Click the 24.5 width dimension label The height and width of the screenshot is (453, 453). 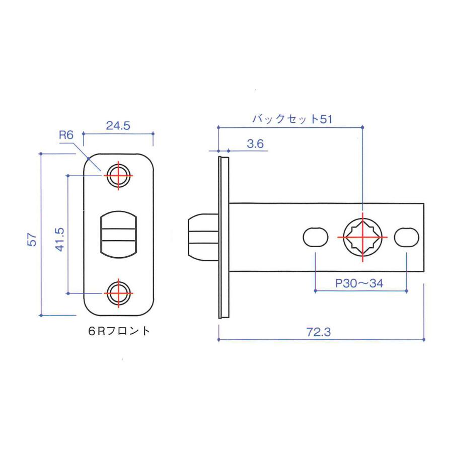[118, 126]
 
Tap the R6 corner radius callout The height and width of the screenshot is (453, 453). [66, 135]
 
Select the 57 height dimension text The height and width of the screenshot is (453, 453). [32, 240]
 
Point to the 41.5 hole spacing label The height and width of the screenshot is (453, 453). [60, 240]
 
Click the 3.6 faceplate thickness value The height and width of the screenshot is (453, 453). [255, 143]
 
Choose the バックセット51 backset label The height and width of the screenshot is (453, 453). [292, 119]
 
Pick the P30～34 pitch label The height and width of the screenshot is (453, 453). [359, 283]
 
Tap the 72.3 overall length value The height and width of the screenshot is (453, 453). [319, 332]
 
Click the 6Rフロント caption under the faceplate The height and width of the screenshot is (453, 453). [119, 331]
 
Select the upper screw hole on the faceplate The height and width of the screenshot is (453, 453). [118, 176]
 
